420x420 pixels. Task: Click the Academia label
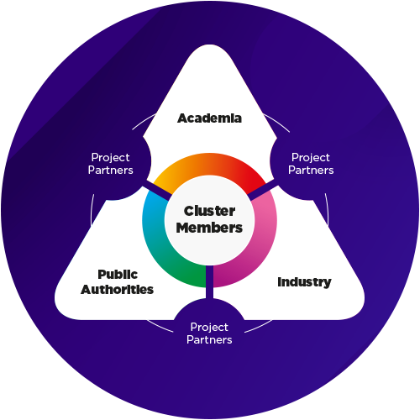[x=209, y=118]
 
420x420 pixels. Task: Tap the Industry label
[x=304, y=282]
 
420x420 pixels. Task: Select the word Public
[x=118, y=275]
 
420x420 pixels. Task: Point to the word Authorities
[x=117, y=290]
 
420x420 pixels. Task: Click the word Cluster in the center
[x=209, y=211]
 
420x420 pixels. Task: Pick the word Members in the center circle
[x=209, y=228]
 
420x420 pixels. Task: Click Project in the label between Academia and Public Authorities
[x=110, y=158]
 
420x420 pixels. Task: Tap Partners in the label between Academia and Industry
[x=311, y=170]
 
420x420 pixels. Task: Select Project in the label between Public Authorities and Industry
[x=209, y=328]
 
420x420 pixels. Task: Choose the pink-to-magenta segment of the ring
[x=252, y=246]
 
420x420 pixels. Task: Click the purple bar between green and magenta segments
[x=209, y=282]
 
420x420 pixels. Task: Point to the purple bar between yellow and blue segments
[x=157, y=193]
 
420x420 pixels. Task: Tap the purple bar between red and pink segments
[x=263, y=192]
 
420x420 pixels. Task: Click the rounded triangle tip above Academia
[x=209, y=45]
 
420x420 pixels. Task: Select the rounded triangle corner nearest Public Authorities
[x=60, y=309]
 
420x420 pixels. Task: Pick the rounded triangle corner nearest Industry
[x=359, y=309]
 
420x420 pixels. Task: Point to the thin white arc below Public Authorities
[x=160, y=327]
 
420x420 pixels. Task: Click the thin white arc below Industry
[x=259, y=327]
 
